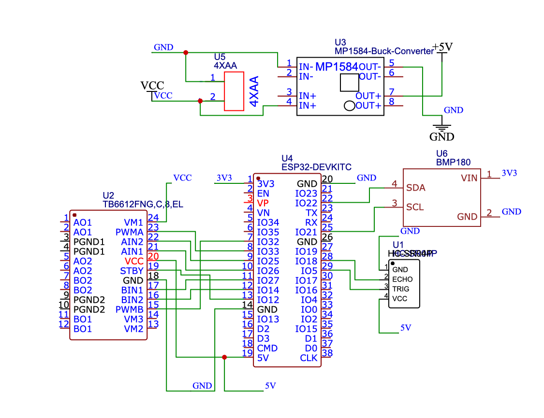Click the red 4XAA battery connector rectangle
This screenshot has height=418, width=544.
click(x=234, y=91)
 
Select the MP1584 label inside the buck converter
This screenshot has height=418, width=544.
click(x=337, y=66)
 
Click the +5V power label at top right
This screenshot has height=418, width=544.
click(x=442, y=47)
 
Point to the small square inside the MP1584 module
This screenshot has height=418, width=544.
click(x=350, y=83)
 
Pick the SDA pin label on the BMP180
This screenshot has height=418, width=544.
click(x=415, y=188)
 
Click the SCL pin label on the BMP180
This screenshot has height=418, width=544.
click(x=415, y=207)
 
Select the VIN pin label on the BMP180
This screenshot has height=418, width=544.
click(x=469, y=178)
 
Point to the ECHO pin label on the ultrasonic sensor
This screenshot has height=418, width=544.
click(x=402, y=279)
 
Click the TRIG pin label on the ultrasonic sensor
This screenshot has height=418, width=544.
click(x=401, y=289)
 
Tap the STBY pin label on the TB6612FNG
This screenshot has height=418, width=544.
click(x=132, y=271)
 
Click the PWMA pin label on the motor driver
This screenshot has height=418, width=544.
click(x=129, y=232)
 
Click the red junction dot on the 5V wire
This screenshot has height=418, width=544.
click(x=224, y=358)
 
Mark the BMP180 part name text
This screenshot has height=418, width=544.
click(x=453, y=162)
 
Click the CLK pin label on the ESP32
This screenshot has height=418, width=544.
click(x=309, y=358)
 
